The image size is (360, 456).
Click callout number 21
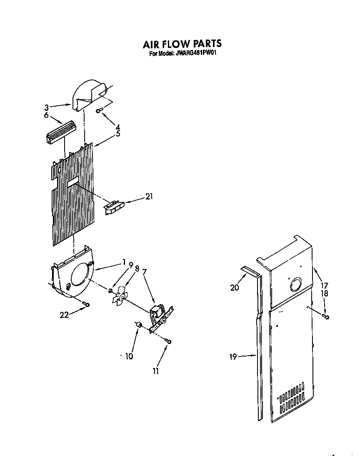(149, 197)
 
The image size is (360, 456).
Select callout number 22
(64, 315)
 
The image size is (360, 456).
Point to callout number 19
(233, 356)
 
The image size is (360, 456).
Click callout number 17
(325, 286)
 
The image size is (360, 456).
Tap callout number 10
(129, 356)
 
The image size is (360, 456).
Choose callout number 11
(155, 371)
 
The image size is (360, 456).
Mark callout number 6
(46, 115)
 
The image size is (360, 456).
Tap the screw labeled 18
(326, 317)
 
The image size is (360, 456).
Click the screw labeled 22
(87, 304)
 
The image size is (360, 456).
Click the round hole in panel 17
(295, 285)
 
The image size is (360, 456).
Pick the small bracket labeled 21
(113, 207)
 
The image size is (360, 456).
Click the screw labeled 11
(169, 341)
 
